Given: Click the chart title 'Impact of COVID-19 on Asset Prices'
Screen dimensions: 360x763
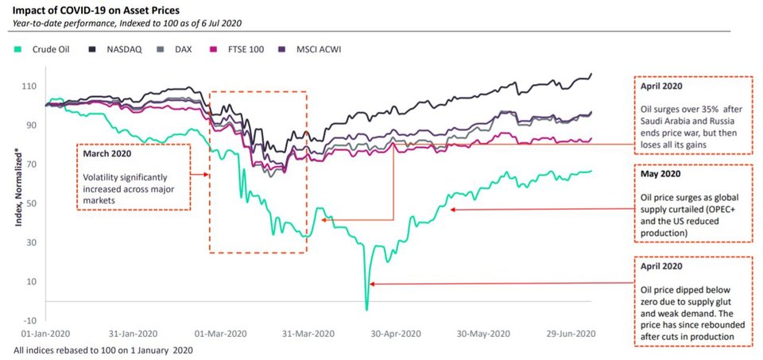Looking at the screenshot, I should pyautogui.click(x=99, y=10).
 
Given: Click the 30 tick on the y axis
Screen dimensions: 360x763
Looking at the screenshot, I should pyautogui.click(x=34, y=242).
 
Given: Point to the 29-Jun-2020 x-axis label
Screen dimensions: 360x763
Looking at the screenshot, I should pyautogui.click(x=567, y=334).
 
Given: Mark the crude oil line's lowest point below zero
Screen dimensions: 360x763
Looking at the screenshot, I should pyautogui.click(x=366, y=309).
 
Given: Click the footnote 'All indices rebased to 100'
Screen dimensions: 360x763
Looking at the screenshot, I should pyautogui.click(x=103, y=350).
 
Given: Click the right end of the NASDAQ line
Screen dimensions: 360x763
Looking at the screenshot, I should pyautogui.click(x=591, y=75).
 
